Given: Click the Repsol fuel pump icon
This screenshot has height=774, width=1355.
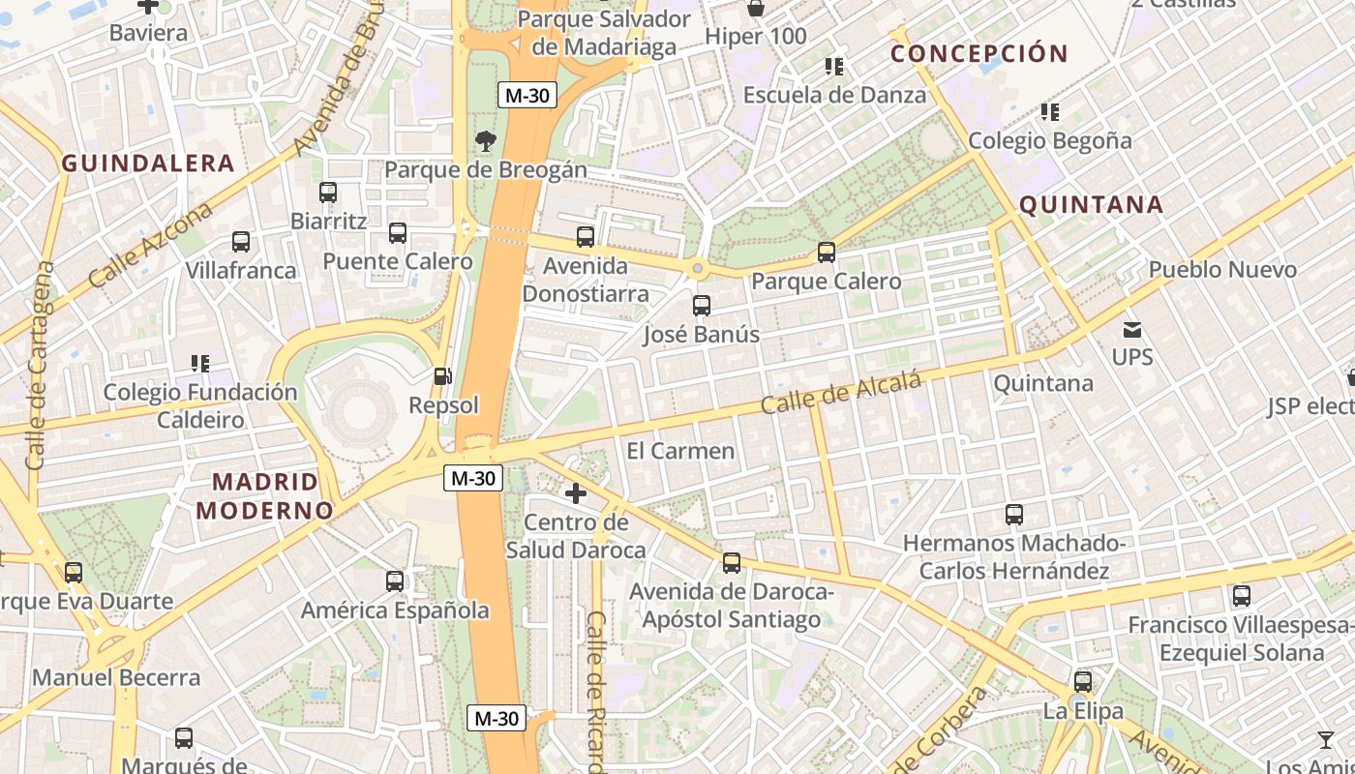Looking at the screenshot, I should (442, 375).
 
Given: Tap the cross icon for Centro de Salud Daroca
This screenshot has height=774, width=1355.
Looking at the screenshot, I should (576, 494).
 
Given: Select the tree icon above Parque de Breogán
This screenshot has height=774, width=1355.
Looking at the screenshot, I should (485, 141).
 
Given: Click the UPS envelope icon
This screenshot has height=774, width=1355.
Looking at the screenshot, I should (1131, 330).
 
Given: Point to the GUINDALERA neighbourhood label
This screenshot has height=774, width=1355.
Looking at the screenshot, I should (148, 164).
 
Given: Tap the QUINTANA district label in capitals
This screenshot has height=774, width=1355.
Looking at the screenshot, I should (1091, 205).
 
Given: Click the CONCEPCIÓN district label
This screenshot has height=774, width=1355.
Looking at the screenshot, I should (979, 54).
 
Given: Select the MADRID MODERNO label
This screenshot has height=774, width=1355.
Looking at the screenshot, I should (264, 495).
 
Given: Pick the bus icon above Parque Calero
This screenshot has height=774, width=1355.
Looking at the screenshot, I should (826, 253).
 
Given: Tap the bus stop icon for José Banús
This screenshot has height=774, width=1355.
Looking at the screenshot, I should (702, 306).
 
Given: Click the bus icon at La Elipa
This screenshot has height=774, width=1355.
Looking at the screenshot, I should (1082, 682).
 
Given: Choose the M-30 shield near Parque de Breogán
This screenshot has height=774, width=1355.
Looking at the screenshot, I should (526, 95).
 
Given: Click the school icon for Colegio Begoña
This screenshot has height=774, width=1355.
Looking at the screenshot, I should (1049, 112).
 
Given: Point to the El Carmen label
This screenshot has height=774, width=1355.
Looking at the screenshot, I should (680, 451).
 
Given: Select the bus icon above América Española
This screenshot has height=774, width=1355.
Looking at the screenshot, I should (394, 581).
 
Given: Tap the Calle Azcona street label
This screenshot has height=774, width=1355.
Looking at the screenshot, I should (150, 246).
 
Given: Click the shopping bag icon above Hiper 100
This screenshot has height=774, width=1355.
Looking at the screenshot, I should (755, 9).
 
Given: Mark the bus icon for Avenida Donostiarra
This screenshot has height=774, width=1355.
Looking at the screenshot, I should (585, 237).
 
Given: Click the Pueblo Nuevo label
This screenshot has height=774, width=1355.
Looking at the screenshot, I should (1222, 270).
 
